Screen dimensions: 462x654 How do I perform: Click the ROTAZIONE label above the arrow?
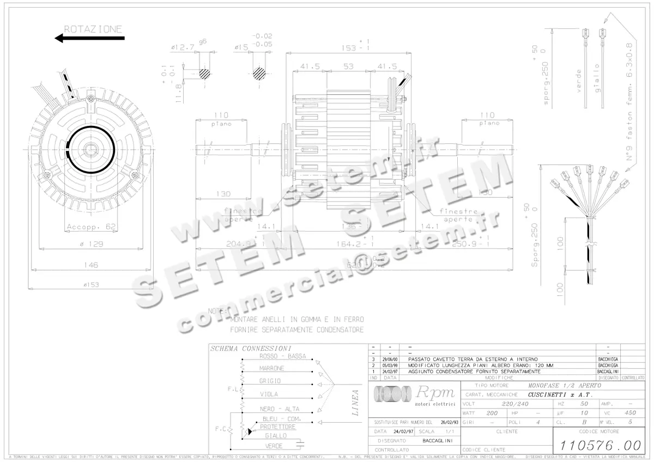93,29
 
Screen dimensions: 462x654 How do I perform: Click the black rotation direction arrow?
89,38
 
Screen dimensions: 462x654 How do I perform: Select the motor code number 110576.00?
597,445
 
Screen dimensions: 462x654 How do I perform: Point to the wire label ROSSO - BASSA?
283,356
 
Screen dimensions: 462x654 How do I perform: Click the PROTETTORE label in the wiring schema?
277,427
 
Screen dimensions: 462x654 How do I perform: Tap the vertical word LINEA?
355,403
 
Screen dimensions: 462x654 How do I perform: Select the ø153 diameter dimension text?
90,285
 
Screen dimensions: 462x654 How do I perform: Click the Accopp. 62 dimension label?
90,227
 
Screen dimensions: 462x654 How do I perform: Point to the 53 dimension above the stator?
349,66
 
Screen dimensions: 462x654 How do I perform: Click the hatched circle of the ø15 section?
260,73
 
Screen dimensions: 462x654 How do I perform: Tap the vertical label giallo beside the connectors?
597,81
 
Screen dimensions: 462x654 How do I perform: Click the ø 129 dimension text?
90,244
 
